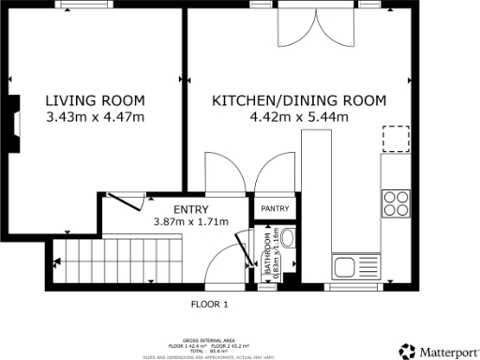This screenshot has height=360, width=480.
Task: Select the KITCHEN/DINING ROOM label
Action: pos(298,101)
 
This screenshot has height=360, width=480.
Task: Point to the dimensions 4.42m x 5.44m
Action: pos(298,117)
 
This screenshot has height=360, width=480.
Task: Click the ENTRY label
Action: pos(190,209)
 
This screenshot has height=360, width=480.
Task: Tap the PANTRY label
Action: pos(275,208)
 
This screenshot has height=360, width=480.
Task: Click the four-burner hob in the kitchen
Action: pos(396,202)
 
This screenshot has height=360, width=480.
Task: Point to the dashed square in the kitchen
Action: pos(397,138)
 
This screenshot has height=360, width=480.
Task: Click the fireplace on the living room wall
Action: pos(16,122)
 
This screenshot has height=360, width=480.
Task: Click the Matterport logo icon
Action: pos(406,351)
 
